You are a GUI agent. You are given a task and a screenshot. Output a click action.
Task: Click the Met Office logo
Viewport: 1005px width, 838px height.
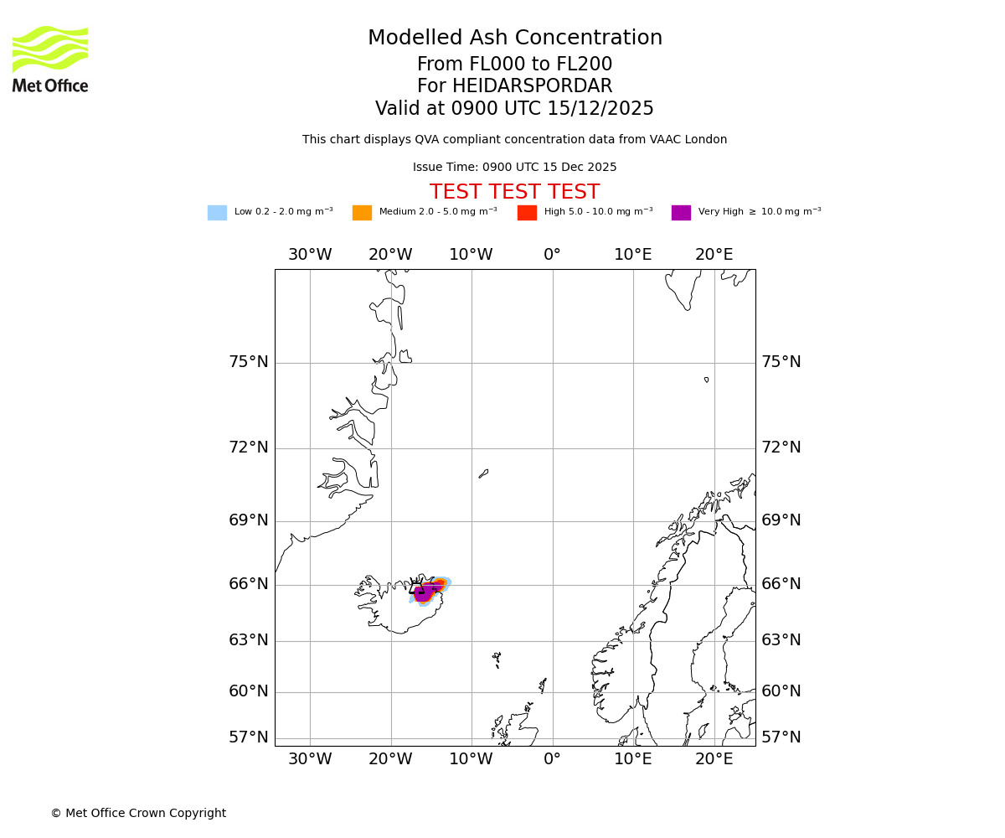(50, 59)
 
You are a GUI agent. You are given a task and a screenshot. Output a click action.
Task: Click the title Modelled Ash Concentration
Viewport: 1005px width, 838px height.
(514, 39)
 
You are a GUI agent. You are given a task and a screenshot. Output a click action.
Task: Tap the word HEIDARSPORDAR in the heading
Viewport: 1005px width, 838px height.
(532, 86)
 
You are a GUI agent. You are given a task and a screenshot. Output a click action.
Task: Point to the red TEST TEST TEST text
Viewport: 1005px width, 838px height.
(514, 193)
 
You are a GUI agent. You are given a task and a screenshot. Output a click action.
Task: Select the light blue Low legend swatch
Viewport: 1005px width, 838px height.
(217, 213)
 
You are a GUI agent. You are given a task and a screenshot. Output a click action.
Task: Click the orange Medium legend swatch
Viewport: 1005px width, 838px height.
(362, 213)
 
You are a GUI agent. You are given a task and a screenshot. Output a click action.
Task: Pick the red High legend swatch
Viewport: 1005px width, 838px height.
(527, 213)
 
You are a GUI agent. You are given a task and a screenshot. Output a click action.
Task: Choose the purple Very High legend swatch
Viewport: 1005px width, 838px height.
(681, 213)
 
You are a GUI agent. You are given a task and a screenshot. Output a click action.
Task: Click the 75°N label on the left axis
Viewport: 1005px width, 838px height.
(249, 362)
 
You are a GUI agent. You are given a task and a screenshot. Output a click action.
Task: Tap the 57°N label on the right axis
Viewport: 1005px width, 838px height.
(781, 737)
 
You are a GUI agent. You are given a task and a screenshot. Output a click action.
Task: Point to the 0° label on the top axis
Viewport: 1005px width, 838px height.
(552, 255)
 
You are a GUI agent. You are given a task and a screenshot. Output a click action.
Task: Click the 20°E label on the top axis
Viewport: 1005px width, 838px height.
(714, 255)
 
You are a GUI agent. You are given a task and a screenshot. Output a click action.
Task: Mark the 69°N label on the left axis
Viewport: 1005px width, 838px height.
(249, 520)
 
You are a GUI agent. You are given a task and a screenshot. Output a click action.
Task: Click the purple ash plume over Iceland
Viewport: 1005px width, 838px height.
(425, 592)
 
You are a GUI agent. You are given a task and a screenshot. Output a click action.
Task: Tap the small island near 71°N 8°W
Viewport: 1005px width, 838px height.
(483, 473)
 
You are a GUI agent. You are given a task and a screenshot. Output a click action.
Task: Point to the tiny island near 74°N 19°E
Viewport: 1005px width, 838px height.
(706, 380)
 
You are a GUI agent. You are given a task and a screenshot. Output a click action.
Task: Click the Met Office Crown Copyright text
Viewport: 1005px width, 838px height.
(138, 814)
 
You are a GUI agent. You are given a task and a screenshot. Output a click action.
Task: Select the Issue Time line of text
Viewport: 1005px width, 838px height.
(514, 168)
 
